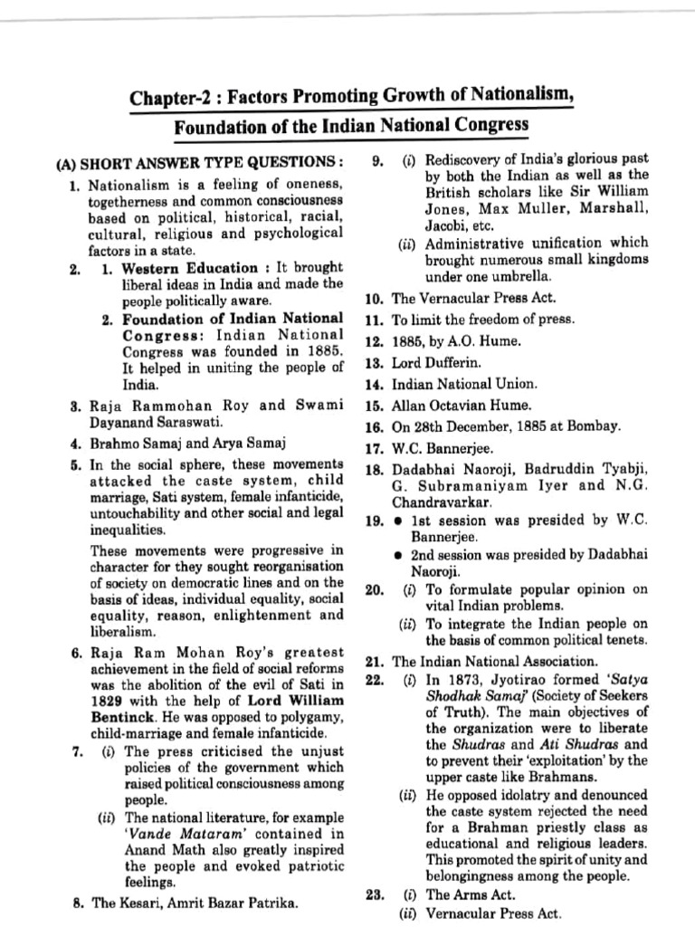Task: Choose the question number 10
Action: [x=375, y=299]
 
